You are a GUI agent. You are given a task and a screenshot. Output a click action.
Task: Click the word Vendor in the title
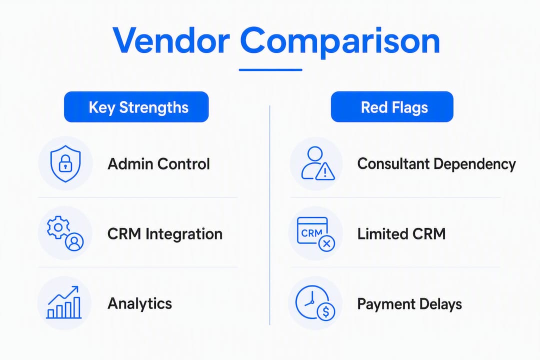[171, 40]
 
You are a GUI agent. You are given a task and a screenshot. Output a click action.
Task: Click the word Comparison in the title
[340, 41]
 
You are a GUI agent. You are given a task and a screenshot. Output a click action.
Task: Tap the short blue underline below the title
[270, 70]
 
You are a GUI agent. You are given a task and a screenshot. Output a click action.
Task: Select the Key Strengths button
[136, 107]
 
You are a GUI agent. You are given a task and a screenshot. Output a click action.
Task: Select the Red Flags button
[392, 107]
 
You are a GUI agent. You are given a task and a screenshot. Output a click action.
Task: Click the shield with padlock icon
[65, 163]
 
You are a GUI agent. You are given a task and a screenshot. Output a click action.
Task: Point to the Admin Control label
[159, 164]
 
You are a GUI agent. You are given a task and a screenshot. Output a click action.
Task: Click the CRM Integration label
[165, 234]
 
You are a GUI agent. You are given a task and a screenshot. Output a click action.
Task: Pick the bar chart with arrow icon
[64, 302]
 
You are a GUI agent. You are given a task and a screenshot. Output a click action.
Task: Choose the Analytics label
[140, 304]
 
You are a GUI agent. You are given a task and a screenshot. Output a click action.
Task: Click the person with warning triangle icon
[317, 163]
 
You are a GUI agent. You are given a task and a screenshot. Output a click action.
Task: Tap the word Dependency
[475, 164]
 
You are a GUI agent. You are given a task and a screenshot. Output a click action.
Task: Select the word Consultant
[393, 163]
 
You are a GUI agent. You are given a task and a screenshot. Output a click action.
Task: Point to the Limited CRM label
[401, 234]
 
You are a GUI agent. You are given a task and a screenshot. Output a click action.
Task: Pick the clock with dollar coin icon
[315, 303]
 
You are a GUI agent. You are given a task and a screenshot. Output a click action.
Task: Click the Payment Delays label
[409, 304]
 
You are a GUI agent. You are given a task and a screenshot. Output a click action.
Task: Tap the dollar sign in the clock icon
[326, 312]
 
